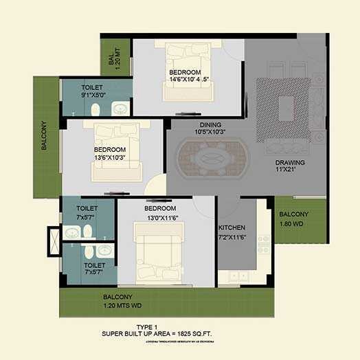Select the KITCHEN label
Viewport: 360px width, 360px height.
click(x=232, y=227)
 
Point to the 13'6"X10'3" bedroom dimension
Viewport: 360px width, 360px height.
click(x=109, y=157)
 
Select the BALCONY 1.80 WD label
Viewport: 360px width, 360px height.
click(x=294, y=218)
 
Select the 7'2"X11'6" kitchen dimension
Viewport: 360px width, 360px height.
click(x=232, y=236)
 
